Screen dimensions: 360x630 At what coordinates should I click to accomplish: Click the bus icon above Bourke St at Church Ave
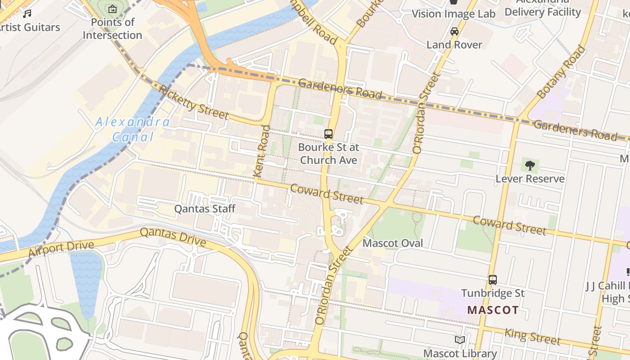pos(328,134)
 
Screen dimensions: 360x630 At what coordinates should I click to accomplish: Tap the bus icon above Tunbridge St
pos(493,280)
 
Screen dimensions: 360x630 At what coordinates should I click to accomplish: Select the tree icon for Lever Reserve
pos(530,165)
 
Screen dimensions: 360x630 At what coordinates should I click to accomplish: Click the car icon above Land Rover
pos(454,31)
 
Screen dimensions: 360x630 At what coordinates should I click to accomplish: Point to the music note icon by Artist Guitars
pos(27,14)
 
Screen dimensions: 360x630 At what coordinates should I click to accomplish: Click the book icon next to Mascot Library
pos(459,340)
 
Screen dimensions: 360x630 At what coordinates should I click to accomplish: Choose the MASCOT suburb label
pos(493,310)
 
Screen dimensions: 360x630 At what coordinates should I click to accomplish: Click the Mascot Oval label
pos(393,243)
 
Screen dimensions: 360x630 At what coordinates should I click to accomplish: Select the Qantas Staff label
pos(205,209)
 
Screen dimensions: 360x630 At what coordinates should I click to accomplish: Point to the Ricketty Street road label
pos(193,102)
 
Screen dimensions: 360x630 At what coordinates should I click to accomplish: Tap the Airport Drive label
pos(61,249)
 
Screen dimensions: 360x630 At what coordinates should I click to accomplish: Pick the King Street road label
pos(532,336)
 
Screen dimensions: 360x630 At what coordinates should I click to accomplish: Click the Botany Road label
pos(562,72)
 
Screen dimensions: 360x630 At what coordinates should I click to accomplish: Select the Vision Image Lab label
pos(454,14)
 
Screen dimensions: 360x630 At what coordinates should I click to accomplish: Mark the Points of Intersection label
pos(112,28)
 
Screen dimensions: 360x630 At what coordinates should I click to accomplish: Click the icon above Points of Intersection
pos(112,9)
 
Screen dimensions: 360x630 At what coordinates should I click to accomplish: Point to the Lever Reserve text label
pos(530,179)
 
